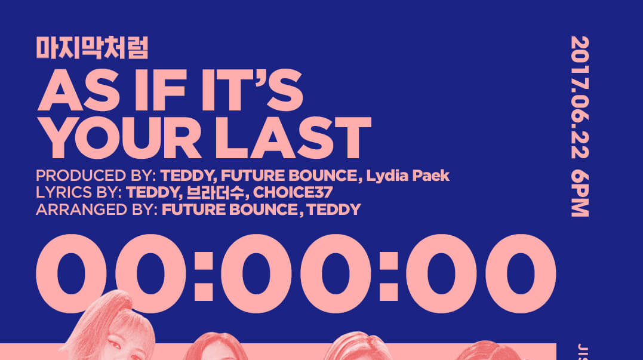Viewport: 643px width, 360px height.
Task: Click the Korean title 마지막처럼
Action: click(x=92, y=48)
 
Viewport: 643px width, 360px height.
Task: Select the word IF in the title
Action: click(x=161, y=90)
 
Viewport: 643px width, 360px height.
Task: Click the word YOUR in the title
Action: click(x=119, y=137)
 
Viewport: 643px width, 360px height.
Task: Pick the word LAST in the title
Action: click(x=294, y=137)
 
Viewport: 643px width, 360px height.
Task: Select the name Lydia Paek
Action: click(x=408, y=176)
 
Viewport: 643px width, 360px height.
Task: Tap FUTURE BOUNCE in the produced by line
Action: click(x=289, y=176)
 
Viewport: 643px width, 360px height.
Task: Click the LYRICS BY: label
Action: click(x=79, y=192)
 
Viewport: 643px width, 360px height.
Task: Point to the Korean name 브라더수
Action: click(x=216, y=192)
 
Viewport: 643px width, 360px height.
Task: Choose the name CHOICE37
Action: click(x=293, y=192)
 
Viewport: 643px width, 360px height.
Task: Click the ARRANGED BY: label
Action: click(x=97, y=210)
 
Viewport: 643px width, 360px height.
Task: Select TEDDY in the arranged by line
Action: click(x=334, y=210)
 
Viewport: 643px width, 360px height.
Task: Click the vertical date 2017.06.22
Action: click(x=580, y=97)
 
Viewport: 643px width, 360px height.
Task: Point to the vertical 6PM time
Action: click(x=580, y=195)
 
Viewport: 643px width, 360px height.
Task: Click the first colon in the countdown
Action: click(x=204, y=276)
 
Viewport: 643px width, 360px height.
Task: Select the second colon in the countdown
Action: click(x=388, y=276)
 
